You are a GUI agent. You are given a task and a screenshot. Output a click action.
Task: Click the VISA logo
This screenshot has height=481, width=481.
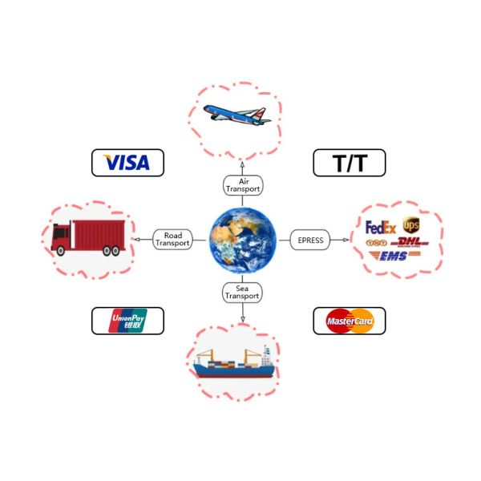[127, 163]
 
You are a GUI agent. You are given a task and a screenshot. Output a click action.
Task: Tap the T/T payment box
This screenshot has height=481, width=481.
[349, 164]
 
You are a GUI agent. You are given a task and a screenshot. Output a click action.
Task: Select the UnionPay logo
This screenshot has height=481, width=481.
[127, 321]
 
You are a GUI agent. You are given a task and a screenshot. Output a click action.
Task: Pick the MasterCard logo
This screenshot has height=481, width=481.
[349, 321]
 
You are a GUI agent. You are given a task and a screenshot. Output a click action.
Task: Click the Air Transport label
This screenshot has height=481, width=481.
[243, 186]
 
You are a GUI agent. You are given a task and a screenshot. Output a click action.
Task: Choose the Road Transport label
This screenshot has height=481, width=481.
[173, 239]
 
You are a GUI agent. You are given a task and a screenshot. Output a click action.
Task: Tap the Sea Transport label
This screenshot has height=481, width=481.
[243, 292]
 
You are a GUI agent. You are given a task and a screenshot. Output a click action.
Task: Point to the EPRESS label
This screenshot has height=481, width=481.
[310, 239]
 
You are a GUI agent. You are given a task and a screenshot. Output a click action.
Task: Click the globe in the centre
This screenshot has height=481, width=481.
[243, 239]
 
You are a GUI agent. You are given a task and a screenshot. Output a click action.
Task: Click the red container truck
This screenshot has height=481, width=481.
[87, 237]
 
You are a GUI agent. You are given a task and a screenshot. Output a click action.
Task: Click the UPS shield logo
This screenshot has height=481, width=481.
[410, 225]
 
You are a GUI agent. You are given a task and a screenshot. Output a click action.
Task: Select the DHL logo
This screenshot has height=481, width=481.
[409, 242]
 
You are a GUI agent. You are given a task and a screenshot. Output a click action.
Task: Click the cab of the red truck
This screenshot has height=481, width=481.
[61, 237]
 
